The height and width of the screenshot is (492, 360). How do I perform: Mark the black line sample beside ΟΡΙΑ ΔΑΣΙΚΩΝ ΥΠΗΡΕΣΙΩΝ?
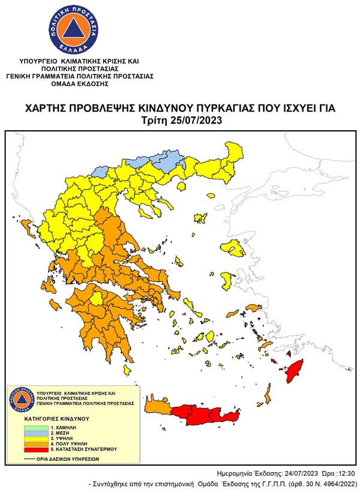coord(30,458)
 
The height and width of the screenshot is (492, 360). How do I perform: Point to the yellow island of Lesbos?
coord(233,248)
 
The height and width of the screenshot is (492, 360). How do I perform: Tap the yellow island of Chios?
coord(227,280)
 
